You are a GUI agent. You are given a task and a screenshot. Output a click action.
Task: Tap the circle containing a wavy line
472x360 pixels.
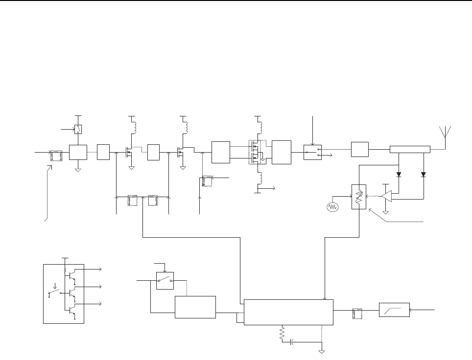coord(332,207)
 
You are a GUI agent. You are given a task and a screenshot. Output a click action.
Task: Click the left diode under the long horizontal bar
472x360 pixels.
coord(399,174)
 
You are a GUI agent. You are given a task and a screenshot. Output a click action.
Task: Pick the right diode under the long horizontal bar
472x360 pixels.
coord(423,174)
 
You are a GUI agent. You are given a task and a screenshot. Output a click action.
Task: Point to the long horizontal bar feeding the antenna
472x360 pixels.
coord(410,149)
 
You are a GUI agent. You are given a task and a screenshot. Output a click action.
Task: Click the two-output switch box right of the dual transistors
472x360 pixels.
coord(311,152)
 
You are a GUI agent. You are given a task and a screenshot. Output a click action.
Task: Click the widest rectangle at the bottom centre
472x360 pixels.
coord(288,312)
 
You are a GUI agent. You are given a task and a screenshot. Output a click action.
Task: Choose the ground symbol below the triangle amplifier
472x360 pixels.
coord(386,212)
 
